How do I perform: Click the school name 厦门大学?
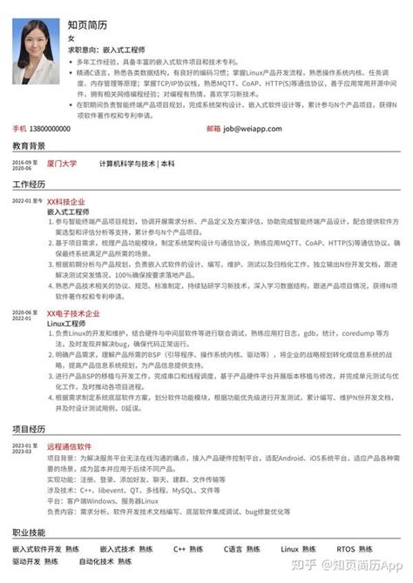[62, 164]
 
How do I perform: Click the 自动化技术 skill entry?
[119, 564]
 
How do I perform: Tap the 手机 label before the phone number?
[18, 127]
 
